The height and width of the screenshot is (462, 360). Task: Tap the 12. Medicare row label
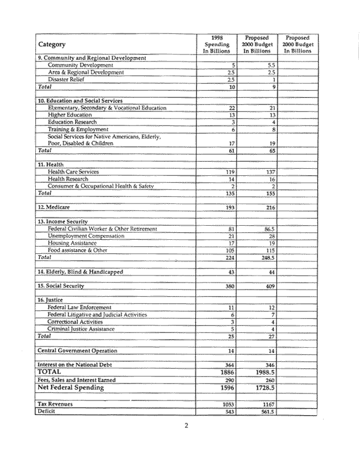coord(58,208)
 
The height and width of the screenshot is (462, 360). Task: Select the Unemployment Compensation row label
coord(86,236)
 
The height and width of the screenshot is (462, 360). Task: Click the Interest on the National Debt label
coord(80,364)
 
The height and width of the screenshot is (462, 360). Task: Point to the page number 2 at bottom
coord(186,441)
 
